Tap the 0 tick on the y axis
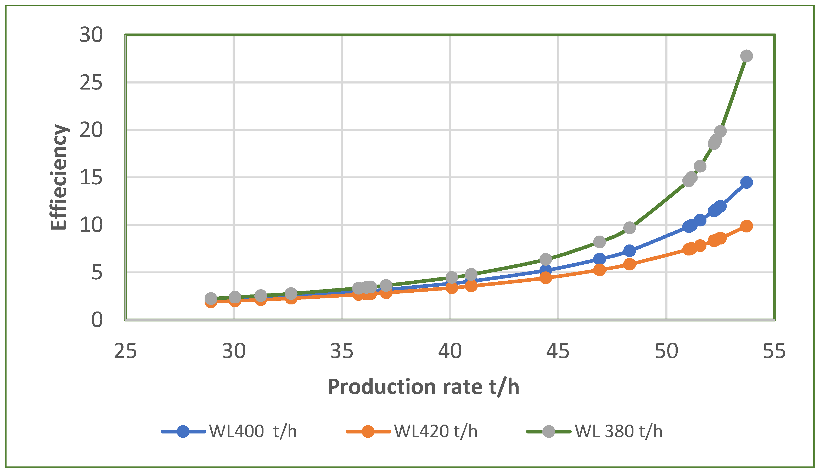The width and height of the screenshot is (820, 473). click(x=97, y=320)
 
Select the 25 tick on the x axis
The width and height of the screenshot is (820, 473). click(x=125, y=351)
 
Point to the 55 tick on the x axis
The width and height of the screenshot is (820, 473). click(x=774, y=351)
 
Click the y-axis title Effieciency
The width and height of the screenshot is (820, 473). click(x=59, y=177)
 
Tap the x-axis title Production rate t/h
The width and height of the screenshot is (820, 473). click(x=423, y=387)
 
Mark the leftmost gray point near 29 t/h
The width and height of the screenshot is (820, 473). click(x=211, y=298)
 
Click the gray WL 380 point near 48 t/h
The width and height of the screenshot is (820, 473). click(x=630, y=228)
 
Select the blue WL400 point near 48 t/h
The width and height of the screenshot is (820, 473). click(x=630, y=251)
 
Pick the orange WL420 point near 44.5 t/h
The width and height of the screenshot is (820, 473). click(x=546, y=277)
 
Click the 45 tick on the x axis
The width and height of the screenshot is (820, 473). click(x=558, y=351)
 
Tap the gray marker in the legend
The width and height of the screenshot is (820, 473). click(x=549, y=431)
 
